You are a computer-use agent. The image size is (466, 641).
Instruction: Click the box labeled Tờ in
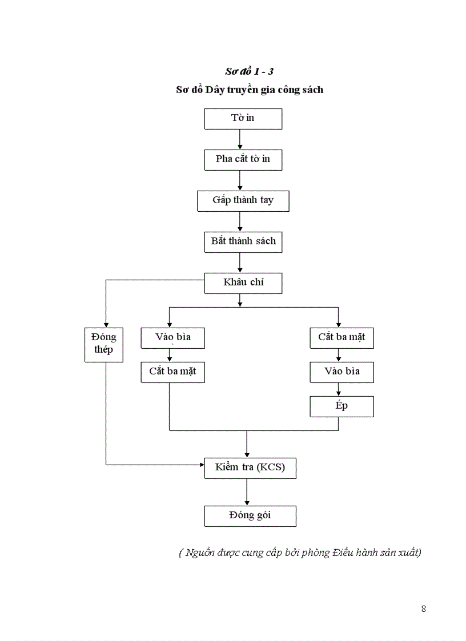click(x=243, y=119)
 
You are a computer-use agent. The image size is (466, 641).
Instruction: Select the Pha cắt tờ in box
click(x=243, y=160)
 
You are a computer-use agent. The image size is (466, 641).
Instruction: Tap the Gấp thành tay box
click(x=243, y=201)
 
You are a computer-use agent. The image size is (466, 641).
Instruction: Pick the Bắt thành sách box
click(x=243, y=242)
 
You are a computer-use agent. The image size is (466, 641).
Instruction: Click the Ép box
click(x=342, y=407)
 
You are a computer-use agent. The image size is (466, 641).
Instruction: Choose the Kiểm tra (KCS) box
click(x=250, y=469)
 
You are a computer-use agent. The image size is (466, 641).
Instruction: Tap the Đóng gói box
click(x=250, y=516)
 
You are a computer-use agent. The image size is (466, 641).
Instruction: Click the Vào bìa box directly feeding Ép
click(x=342, y=372)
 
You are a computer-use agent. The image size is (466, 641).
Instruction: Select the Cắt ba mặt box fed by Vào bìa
click(x=172, y=372)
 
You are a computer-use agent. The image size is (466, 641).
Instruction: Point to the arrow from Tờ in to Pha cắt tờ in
click(x=240, y=139)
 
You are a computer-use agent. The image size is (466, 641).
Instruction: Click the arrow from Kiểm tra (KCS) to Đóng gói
click(x=247, y=493)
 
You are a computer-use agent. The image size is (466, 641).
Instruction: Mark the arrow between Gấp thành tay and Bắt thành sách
click(x=240, y=221)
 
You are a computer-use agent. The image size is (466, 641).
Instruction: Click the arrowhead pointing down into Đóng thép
click(x=106, y=324)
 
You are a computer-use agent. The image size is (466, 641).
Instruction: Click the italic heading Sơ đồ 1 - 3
click(x=249, y=72)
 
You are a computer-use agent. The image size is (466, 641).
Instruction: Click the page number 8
click(x=423, y=608)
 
